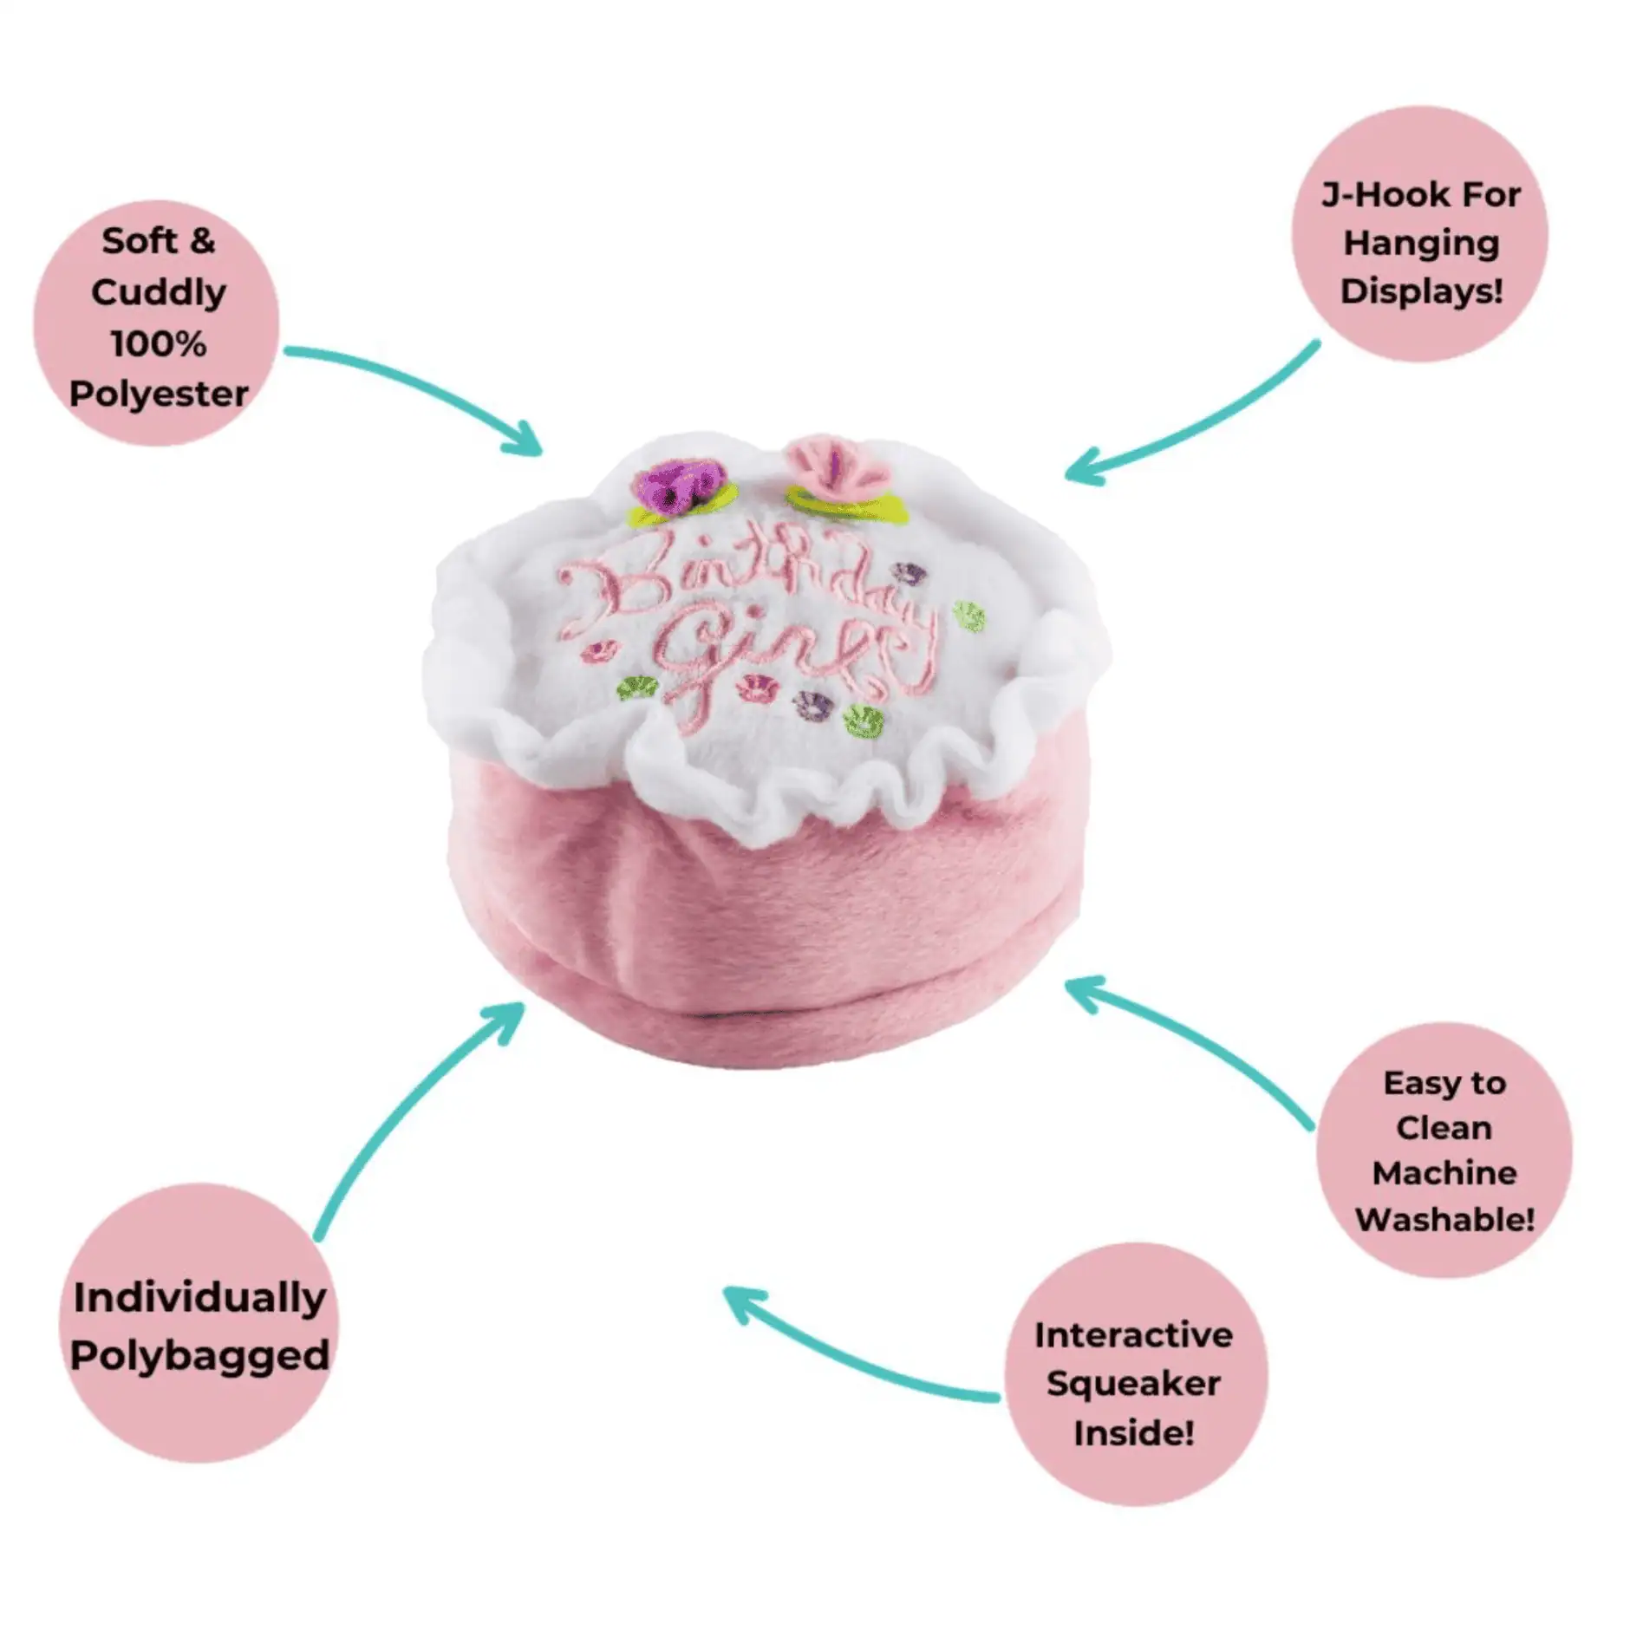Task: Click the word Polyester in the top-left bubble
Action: [x=159, y=394]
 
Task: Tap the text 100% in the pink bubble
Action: [x=159, y=344]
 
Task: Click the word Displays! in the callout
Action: [x=1421, y=291]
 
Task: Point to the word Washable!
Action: [x=1444, y=1219]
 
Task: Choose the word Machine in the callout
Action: [x=1444, y=1173]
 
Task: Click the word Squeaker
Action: [x=1133, y=1383]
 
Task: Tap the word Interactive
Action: [x=1133, y=1334]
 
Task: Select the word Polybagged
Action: [x=199, y=1355]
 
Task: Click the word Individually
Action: [x=199, y=1298]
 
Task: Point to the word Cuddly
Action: [x=159, y=292]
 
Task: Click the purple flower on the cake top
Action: [x=680, y=486]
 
